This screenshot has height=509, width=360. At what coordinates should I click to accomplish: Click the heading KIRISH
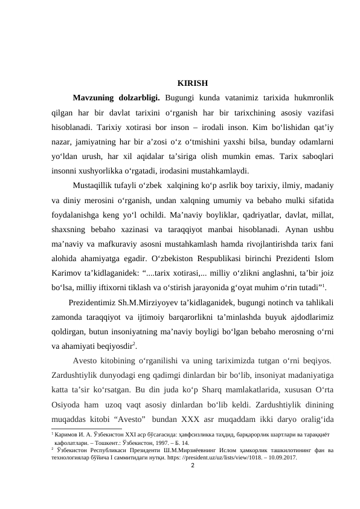click(193, 83)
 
